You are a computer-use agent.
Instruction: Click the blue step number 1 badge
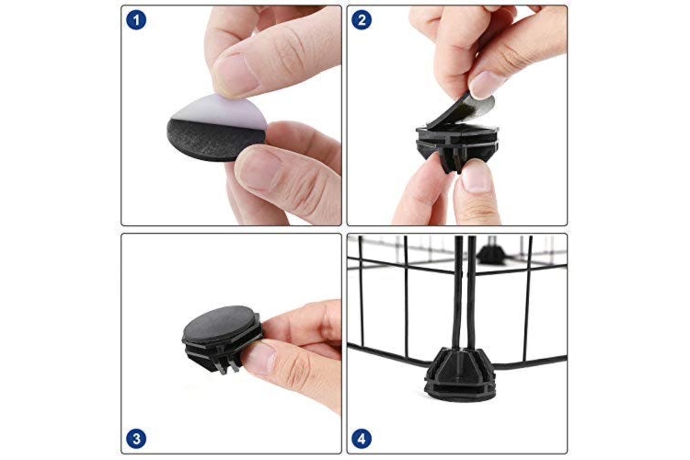[x=136, y=20]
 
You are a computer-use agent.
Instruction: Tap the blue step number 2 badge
[x=362, y=20]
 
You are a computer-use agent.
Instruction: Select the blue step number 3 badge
[x=136, y=438]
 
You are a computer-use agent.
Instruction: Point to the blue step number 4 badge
[x=362, y=438]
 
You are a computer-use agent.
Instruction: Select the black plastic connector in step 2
[x=457, y=145]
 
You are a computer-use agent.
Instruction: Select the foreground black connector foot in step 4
[x=460, y=374]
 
